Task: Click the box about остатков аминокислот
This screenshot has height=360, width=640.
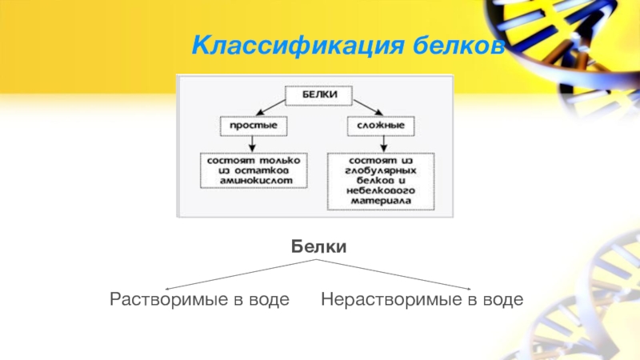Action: (252, 170)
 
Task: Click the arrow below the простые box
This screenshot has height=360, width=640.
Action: (252, 143)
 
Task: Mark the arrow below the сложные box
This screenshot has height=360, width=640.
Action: (383, 143)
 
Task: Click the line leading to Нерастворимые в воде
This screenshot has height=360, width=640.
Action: (400, 275)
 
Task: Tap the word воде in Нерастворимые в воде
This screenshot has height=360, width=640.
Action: (502, 300)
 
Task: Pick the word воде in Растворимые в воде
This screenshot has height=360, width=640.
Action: (268, 300)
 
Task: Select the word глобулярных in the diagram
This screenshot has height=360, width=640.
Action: (381, 171)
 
